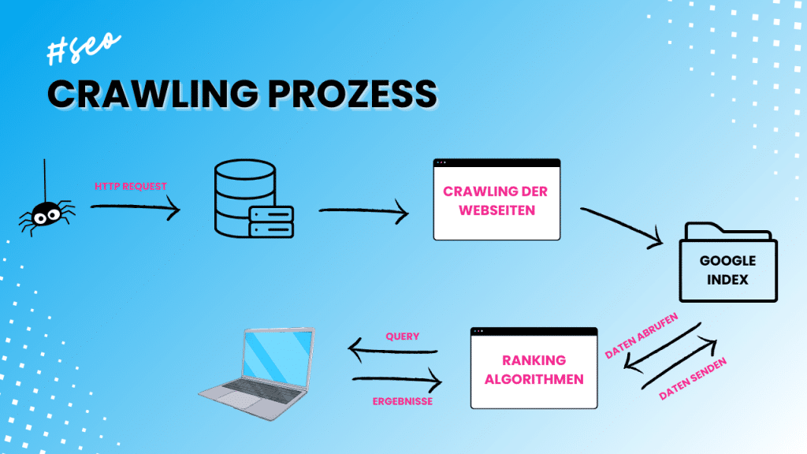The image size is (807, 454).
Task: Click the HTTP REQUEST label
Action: tap(131, 186)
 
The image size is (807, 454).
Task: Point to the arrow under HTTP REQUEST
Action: tap(136, 208)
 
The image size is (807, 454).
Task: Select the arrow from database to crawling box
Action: tap(363, 211)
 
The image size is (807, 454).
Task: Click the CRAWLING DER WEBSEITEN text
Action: tap(496, 202)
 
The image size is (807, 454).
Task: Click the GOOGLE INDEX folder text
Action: tap(727, 269)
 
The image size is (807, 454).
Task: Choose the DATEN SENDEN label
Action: tap(692, 378)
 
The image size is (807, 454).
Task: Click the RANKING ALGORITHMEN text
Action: tap(534, 370)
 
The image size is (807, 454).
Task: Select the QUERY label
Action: tap(402, 337)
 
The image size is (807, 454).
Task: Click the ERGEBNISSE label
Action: tap(402, 401)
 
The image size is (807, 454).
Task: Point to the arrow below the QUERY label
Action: tap(392, 352)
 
